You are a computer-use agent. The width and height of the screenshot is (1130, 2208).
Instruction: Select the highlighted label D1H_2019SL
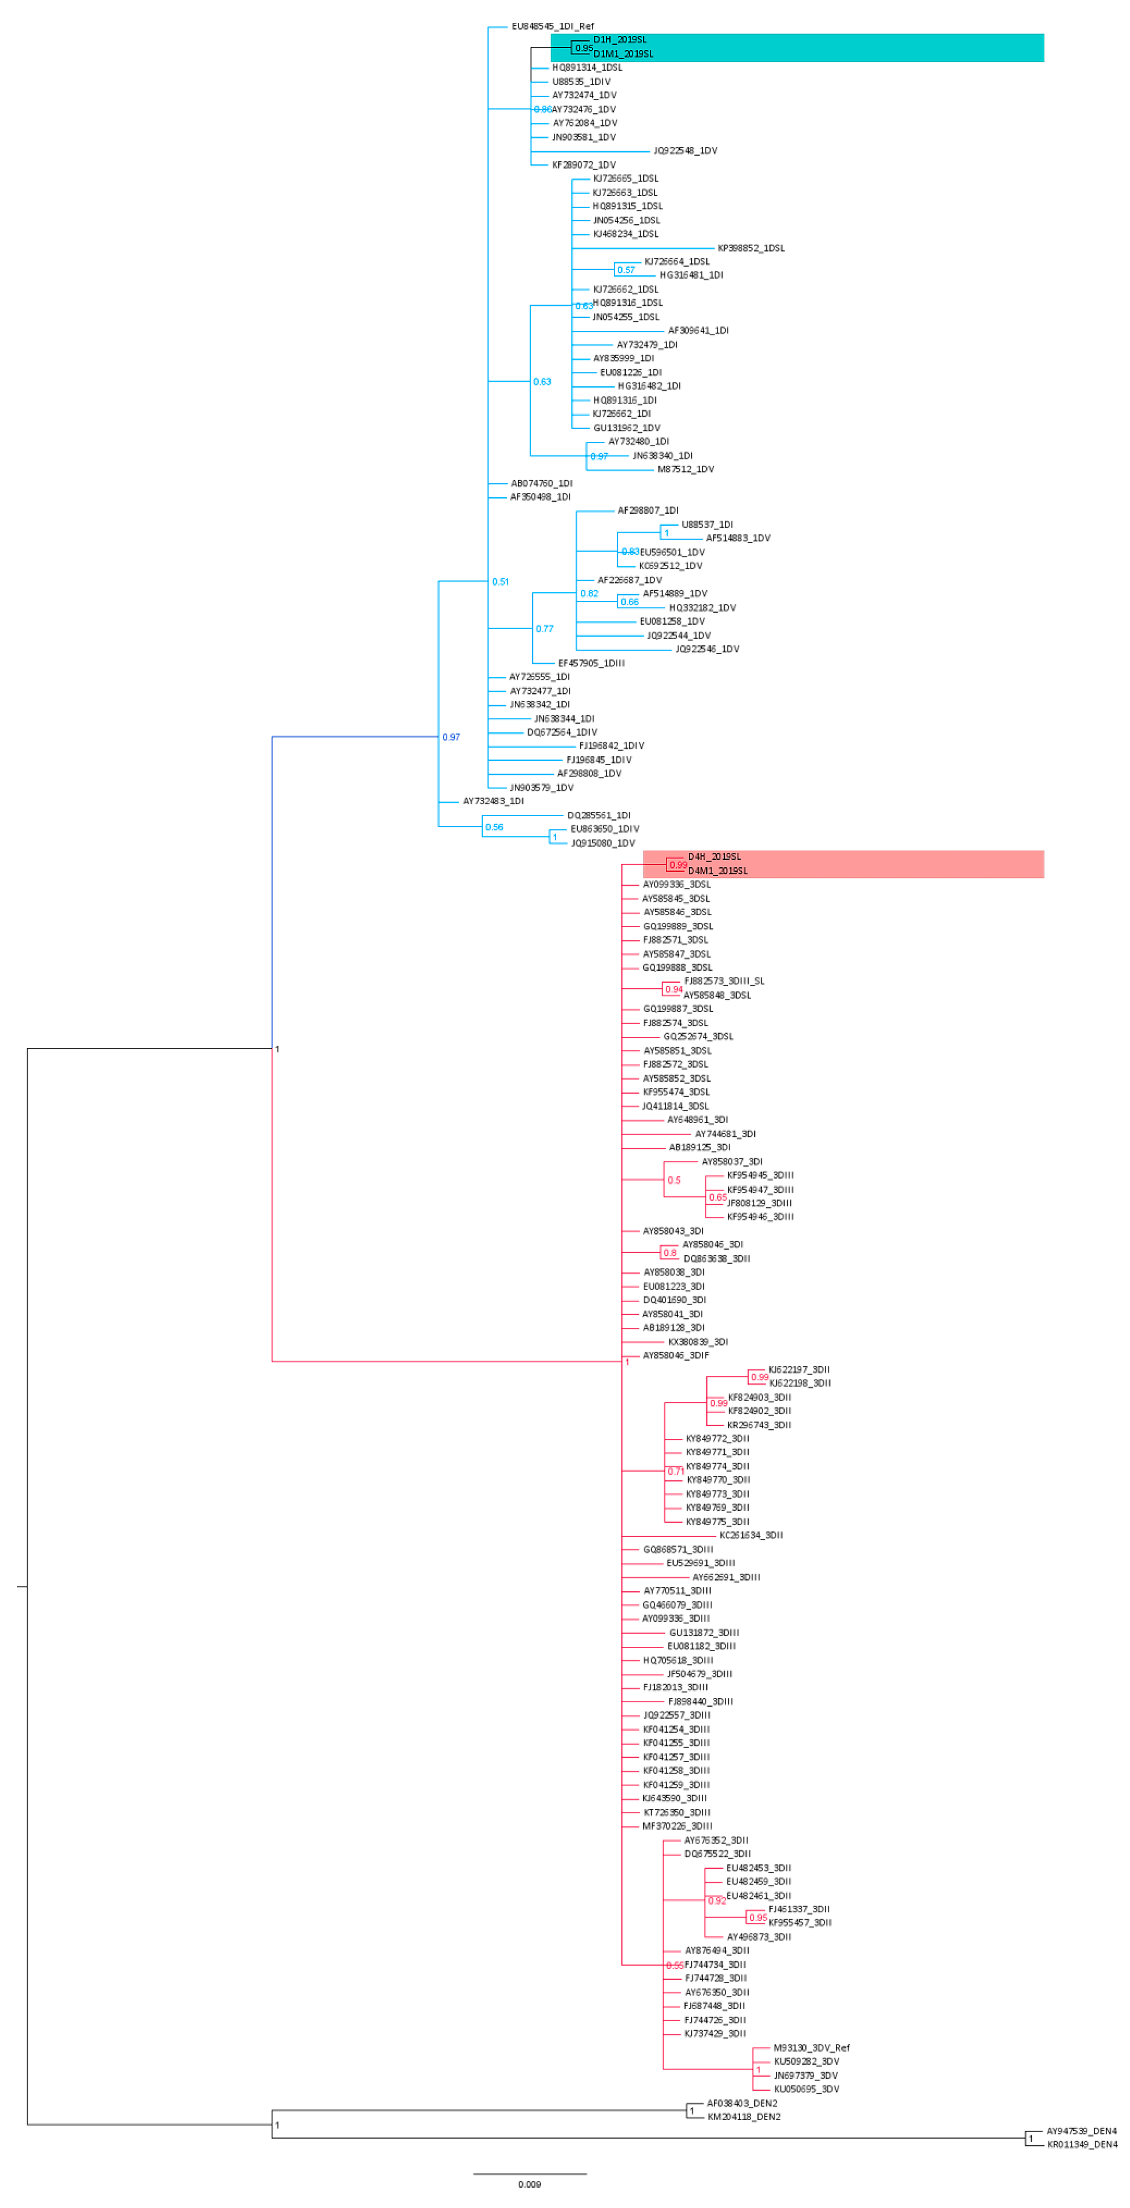tap(619, 40)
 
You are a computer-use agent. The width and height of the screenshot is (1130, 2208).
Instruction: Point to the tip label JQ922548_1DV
tap(685, 151)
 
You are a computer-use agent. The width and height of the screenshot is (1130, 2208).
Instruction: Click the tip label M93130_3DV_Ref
tap(811, 2048)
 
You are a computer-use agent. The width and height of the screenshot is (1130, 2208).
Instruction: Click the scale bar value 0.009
tap(529, 2184)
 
